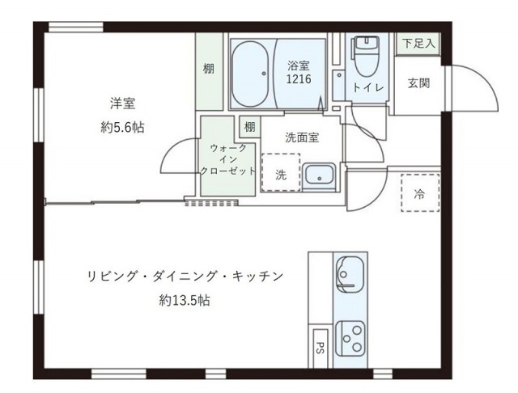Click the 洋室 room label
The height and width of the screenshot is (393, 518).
click(122, 103)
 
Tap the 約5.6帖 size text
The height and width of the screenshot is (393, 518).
click(122, 127)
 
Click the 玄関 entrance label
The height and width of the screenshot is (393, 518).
click(418, 82)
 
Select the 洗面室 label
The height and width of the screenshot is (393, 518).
click(301, 137)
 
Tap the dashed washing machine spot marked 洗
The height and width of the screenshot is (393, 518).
click(280, 172)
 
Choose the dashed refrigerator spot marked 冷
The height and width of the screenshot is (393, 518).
click(419, 193)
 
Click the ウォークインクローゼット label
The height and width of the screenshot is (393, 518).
click(228, 159)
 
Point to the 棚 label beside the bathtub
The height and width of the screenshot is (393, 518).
click(209, 69)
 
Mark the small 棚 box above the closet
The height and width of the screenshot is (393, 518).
click(249, 127)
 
